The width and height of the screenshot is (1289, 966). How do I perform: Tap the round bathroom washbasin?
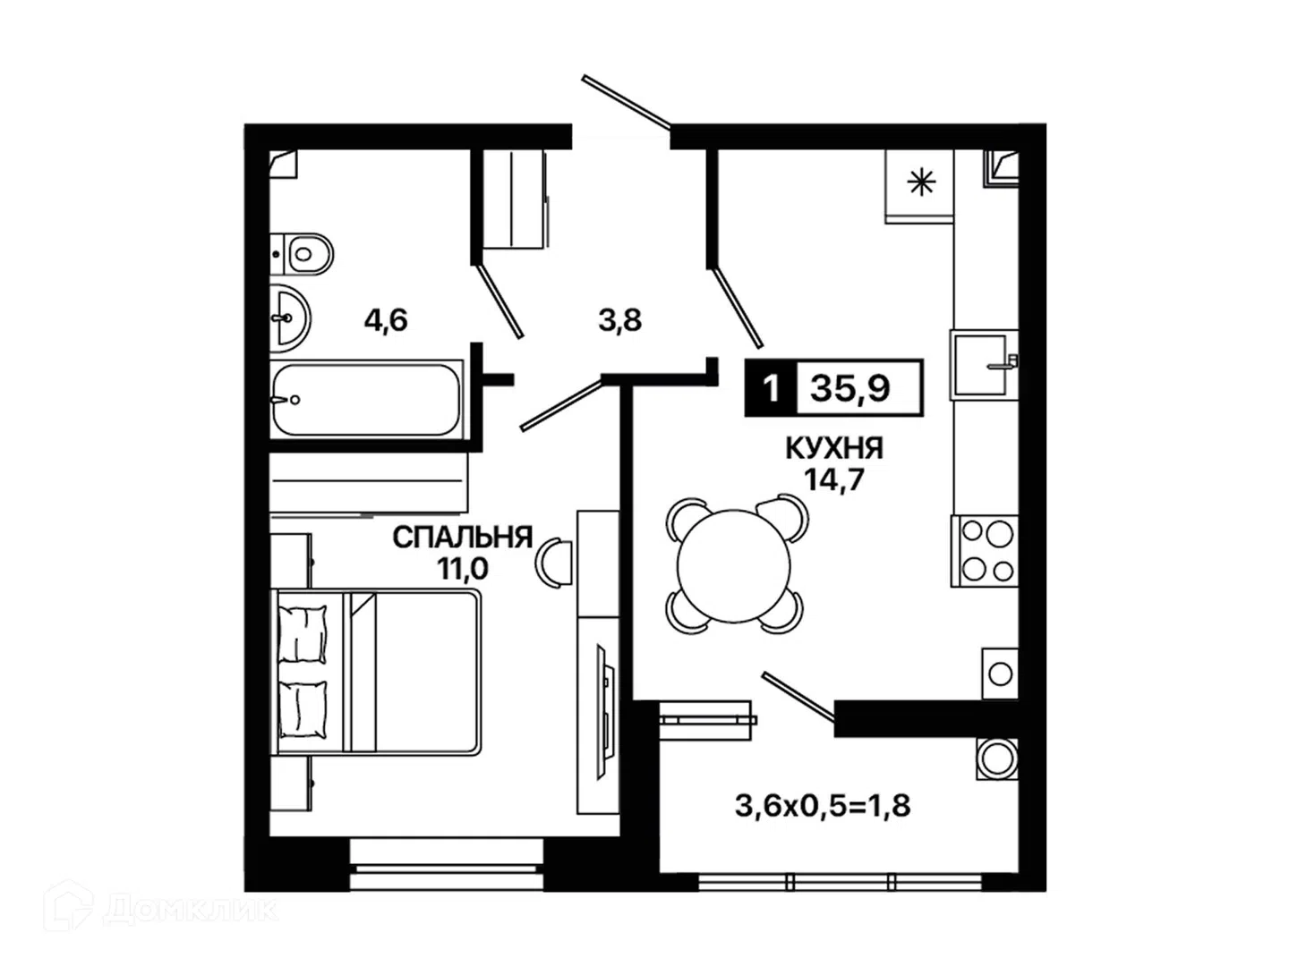click(290, 318)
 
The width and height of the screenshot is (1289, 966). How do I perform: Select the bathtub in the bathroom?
click(366, 399)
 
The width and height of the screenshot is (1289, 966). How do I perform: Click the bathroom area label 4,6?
click(386, 320)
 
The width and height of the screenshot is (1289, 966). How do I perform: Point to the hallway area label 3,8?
click(619, 320)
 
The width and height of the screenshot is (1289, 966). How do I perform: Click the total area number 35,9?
click(849, 387)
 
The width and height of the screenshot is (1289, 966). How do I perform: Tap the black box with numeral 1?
click(771, 387)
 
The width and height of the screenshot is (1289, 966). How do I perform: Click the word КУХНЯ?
click(834, 449)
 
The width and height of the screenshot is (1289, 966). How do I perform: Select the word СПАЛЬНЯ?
click(463, 538)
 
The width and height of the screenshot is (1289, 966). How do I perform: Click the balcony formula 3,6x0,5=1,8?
click(823, 806)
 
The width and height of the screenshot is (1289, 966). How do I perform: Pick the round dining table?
click(733, 564)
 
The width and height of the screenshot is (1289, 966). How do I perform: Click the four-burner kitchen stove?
click(985, 551)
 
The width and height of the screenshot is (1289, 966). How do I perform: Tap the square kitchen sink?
click(985, 364)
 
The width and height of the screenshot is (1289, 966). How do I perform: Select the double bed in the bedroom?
click(376, 672)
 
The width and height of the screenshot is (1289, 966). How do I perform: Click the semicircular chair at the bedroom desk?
click(553, 563)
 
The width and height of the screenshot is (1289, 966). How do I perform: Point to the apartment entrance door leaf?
click(626, 101)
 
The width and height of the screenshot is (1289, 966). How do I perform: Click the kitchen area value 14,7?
click(834, 479)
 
